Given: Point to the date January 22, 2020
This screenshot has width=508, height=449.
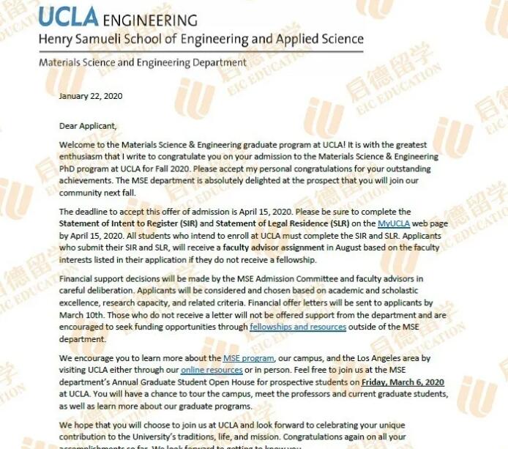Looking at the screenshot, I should pyautogui.click(x=91, y=96).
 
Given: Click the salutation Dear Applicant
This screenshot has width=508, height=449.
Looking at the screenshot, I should pyautogui.click(x=88, y=125).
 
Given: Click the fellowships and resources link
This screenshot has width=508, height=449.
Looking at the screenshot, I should pyautogui.click(x=298, y=327).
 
